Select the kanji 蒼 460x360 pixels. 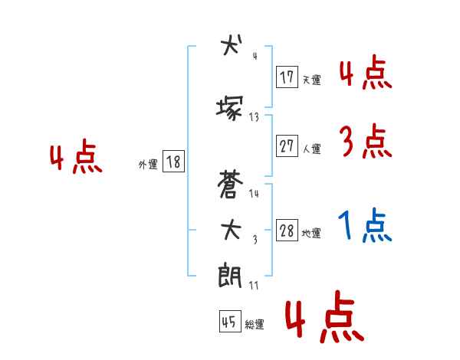pyautogui.click(x=229, y=185)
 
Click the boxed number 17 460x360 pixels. pyautogui.click(x=287, y=77)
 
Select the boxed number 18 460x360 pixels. pyautogui.click(x=172, y=162)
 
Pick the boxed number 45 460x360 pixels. pyautogui.click(x=228, y=322)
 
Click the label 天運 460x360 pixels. pyautogui.click(x=311, y=80)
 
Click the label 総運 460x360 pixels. pyautogui.click(x=254, y=325)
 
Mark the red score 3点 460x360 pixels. pyautogui.click(x=365, y=142)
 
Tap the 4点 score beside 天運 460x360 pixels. pyautogui.click(x=365, y=73)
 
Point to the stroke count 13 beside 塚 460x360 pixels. pyautogui.click(x=254, y=117)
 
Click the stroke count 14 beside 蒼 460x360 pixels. pyautogui.click(x=254, y=194)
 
